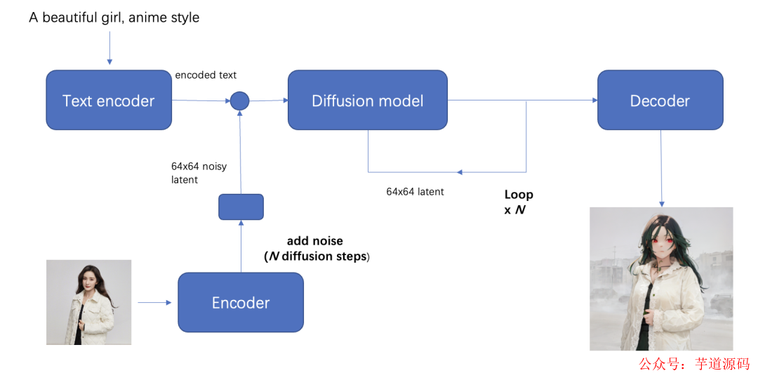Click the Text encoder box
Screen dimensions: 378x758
pyautogui.click(x=109, y=100)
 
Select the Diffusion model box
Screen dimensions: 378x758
pyautogui.click(x=367, y=100)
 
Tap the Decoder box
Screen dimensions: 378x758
pyautogui.click(x=660, y=100)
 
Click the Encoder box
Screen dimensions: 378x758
pyautogui.click(x=241, y=303)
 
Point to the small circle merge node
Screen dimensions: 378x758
pyautogui.click(x=240, y=101)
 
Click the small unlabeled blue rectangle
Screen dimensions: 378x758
pyautogui.click(x=241, y=207)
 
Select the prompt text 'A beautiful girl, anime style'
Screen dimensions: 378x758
pyautogui.click(x=114, y=18)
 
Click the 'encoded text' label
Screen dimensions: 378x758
pyautogui.click(x=206, y=75)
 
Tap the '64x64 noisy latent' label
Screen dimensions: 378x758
pyautogui.click(x=199, y=173)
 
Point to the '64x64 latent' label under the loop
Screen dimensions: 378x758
pyautogui.click(x=415, y=191)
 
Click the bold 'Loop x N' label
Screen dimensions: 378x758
pyautogui.click(x=519, y=202)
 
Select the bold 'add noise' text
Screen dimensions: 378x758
pyautogui.click(x=315, y=241)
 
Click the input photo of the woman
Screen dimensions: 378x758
pyautogui.click(x=88, y=302)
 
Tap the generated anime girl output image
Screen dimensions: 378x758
pyautogui.click(x=661, y=279)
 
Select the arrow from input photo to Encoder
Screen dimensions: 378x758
pyautogui.click(x=154, y=303)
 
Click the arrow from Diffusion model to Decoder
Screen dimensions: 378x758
pyautogui.click(x=522, y=100)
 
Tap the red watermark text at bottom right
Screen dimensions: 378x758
pyautogui.click(x=693, y=364)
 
